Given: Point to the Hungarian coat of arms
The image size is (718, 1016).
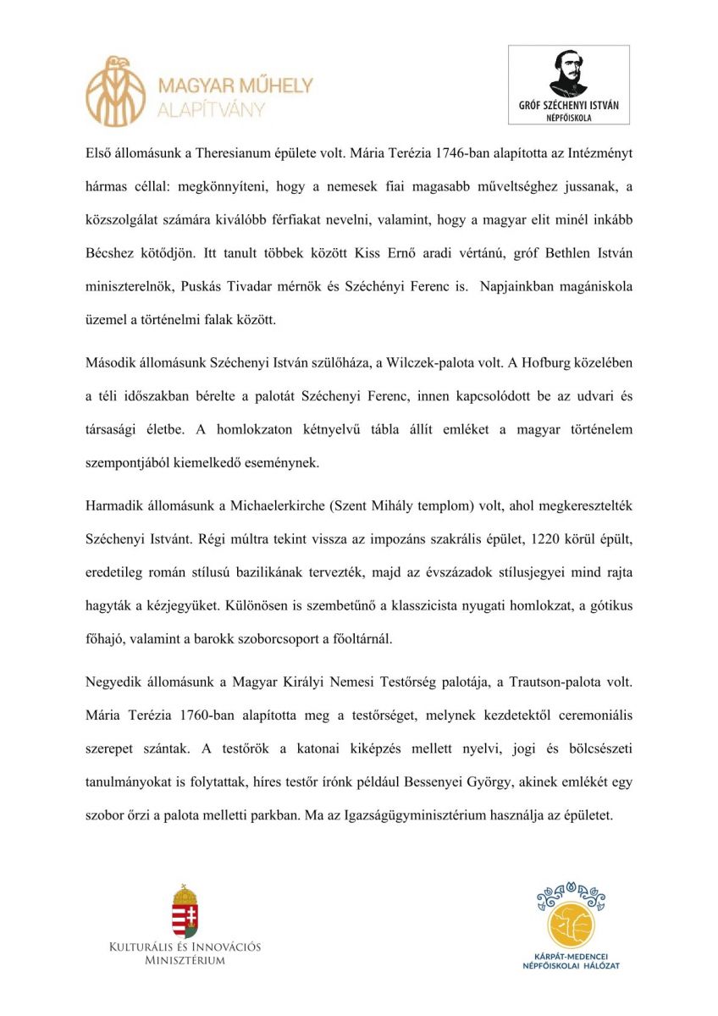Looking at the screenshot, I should [185, 912].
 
